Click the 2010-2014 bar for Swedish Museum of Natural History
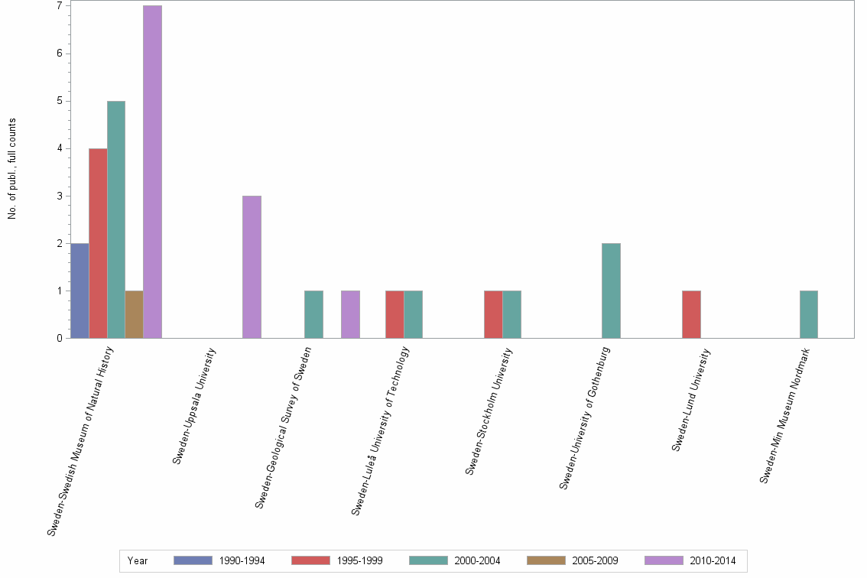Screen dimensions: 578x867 click(152, 172)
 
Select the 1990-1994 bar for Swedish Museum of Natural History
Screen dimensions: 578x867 click(80, 291)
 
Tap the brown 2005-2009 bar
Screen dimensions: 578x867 click(134, 314)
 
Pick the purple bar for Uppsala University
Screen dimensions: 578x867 click(252, 267)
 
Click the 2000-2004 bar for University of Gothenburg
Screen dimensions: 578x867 click(611, 291)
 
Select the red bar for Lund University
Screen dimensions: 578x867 click(691, 314)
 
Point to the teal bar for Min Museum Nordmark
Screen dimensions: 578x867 click(808, 314)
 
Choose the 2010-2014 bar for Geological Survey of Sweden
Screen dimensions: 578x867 click(350, 314)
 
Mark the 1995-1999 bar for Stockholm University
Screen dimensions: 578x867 click(493, 314)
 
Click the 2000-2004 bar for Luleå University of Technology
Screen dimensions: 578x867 click(413, 314)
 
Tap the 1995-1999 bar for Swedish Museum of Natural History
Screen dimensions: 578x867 click(98, 243)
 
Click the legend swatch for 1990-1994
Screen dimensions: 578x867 click(193, 560)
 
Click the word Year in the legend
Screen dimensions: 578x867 click(138, 560)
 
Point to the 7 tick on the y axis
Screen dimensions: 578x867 click(59, 6)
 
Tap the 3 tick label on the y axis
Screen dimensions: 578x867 click(59, 196)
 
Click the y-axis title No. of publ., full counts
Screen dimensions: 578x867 click(11, 169)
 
